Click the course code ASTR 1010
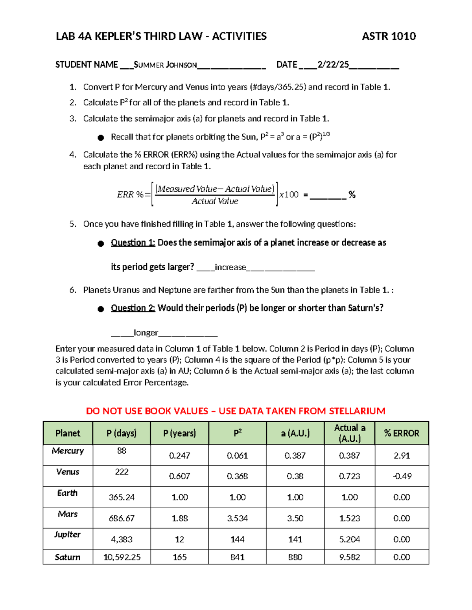[389, 37]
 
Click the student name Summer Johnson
[165, 65]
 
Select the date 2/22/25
[333, 65]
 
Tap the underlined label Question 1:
[133, 243]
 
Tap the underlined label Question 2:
[133, 308]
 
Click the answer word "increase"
[230, 267]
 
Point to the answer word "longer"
[146, 333]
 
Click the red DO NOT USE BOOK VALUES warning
[236, 411]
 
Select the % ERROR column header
[402, 433]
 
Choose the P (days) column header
[122, 433]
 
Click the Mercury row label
[68, 451]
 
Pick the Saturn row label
[68, 557]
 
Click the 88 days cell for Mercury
[122, 451]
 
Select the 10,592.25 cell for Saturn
[122, 557]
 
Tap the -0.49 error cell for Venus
[402, 476]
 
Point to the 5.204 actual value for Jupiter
[349, 540]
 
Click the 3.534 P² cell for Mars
[237, 518]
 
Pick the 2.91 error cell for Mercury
[402, 456]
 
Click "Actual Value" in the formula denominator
[215, 202]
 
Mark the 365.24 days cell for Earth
[122, 497]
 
